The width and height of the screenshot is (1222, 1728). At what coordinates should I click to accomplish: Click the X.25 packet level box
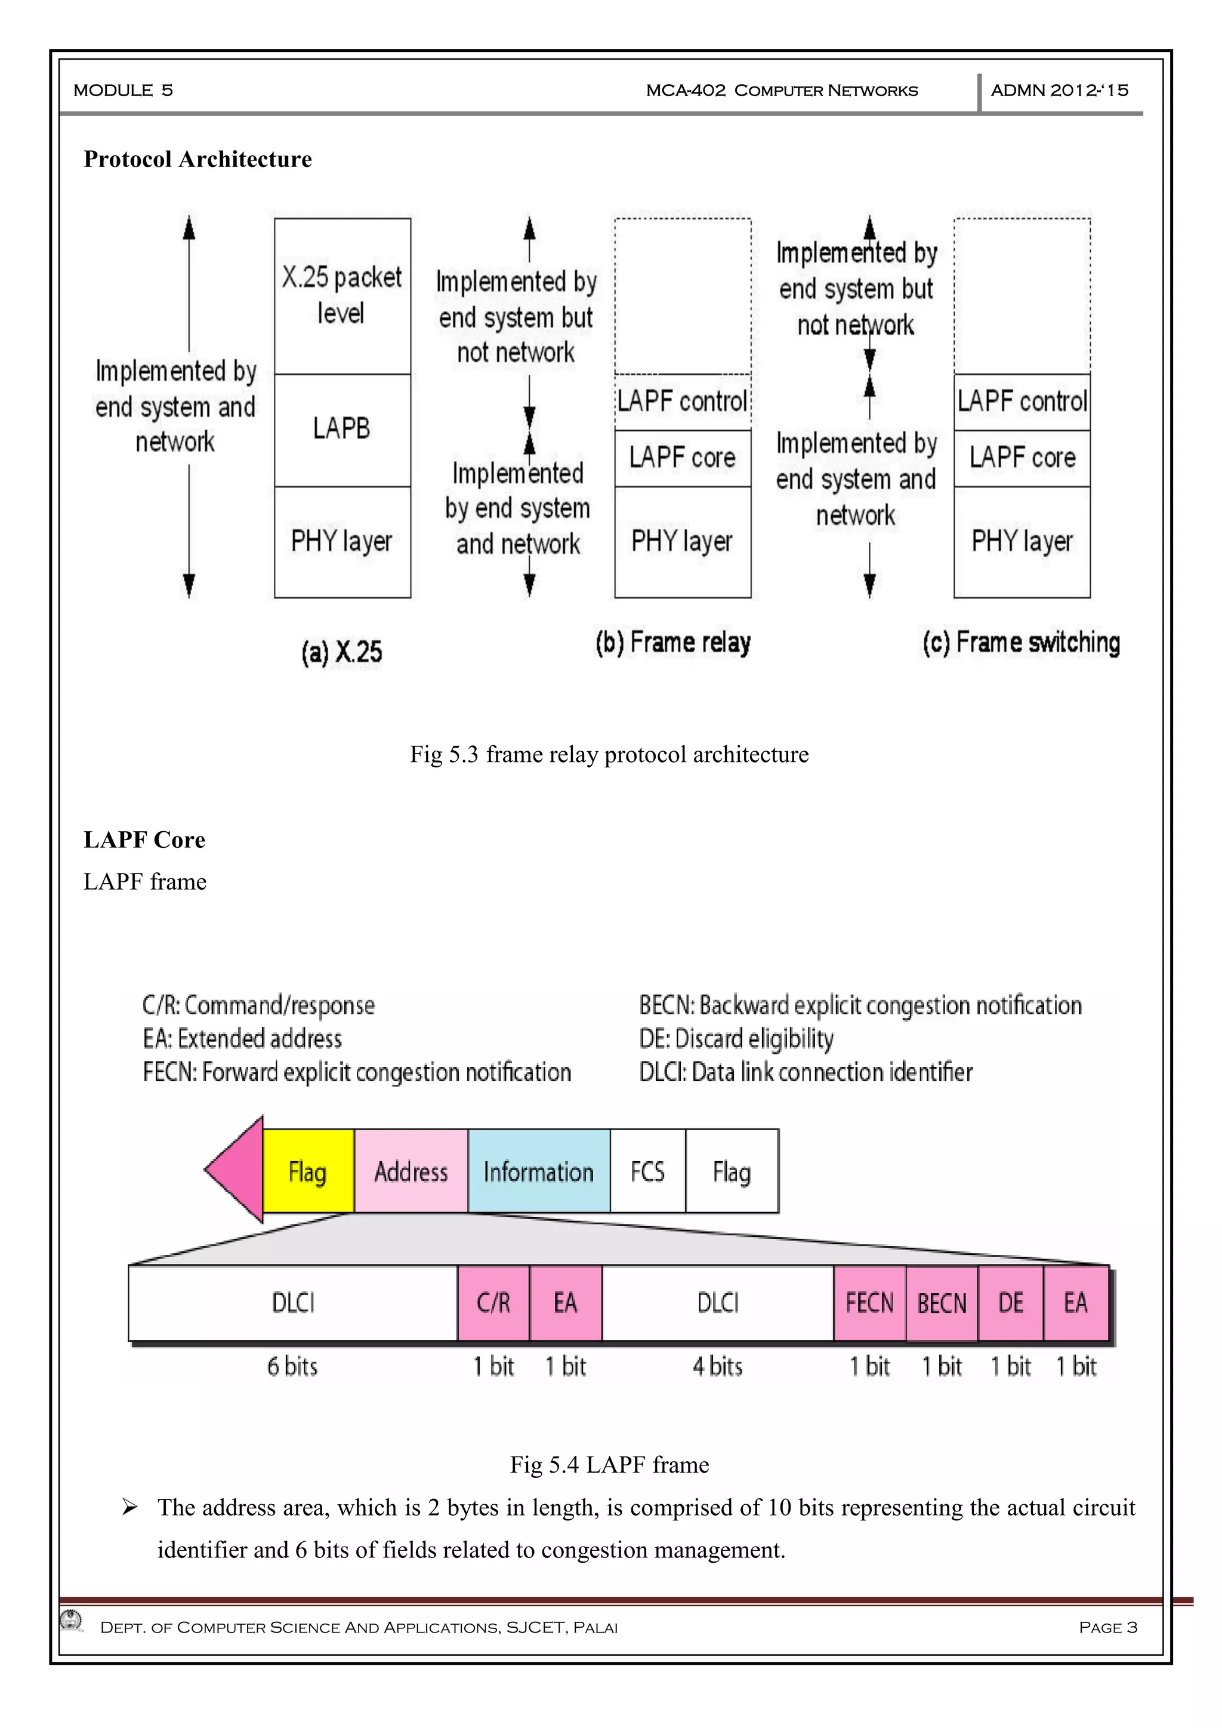click(x=342, y=296)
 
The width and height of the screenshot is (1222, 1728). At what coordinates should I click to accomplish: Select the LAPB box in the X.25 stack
click(x=342, y=429)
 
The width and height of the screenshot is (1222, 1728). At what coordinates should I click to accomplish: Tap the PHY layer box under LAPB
click(x=342, y=541)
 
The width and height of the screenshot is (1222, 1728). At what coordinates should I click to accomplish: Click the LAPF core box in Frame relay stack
click(x=683, y=458)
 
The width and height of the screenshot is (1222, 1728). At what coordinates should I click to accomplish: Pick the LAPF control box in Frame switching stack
click(x=1022, y=401)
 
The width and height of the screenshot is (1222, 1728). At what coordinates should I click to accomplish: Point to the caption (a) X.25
click(x=342, y=652)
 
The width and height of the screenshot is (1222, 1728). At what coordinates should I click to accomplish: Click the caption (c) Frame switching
click(x=1021, y=643)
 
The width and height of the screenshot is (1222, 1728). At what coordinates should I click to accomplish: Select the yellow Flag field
click(x=308, y=1172)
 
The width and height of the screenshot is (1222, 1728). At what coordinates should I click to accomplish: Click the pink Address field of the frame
click(x=411, y=1172)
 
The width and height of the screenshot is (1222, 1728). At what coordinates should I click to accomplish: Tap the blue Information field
click(x=539, y=1172)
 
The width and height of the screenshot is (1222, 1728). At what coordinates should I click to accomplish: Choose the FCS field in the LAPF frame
click(x=648, y=1172)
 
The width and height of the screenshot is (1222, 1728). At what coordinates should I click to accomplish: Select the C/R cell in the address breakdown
click(x=493, y=1303)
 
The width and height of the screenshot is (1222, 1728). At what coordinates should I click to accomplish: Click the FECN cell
click(x=869, y=1303)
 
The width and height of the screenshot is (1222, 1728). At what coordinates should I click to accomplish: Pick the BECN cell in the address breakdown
click(x=942, y=1303)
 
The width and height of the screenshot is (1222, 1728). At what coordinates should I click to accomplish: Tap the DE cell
click(x=1011, y=1303)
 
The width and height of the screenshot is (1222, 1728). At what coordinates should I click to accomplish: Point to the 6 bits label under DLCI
click(x=293, y=1366)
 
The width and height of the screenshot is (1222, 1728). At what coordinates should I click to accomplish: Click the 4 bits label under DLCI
click(x=718, y=1366)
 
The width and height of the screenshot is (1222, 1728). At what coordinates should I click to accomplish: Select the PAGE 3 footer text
click(x=1107, y=1627)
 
